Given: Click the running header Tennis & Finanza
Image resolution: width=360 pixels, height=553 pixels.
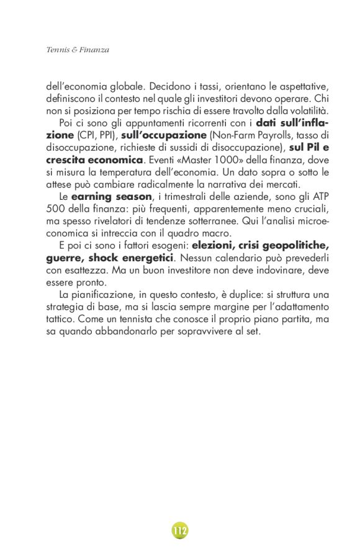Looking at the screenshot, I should (x=78, y=50).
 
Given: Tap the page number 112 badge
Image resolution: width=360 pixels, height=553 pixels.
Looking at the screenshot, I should (x=180, y=531).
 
